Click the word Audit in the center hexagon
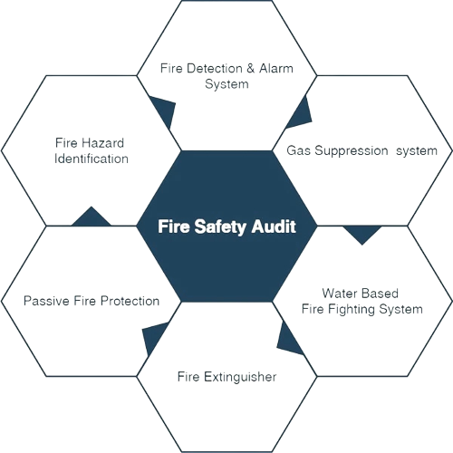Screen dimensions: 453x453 tap(274, 226)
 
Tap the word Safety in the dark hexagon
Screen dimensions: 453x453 tap(220, 227)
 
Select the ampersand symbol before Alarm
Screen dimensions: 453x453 tap(250, 68)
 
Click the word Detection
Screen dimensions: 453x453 tap(215, 68)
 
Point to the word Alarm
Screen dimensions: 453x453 tap(276, 68)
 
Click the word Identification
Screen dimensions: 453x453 tap(92, 159)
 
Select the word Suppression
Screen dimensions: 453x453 tap(352, 151)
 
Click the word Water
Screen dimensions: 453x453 tap(339, 294)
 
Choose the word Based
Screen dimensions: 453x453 tap(380, 294)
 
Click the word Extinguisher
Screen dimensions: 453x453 tap(240, 377)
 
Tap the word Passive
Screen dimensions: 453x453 tap(46, 301)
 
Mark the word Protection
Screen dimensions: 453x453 tap(130, 301)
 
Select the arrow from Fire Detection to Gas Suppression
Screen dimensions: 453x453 tap(300, 112)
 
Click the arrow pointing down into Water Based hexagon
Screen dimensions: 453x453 tap(362, 233)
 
